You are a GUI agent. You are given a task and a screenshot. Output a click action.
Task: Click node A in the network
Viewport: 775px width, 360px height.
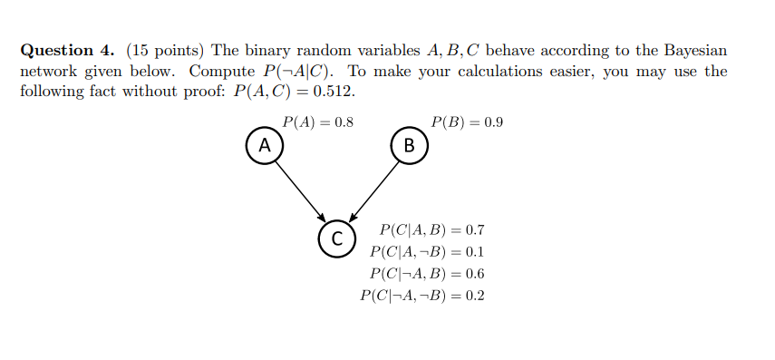[264, 144]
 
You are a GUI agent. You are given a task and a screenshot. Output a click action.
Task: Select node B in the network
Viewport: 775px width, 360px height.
[409, 145]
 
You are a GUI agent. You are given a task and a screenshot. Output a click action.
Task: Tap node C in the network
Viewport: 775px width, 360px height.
[336, 238]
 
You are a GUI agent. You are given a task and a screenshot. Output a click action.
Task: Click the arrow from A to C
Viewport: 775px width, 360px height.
[300, 190]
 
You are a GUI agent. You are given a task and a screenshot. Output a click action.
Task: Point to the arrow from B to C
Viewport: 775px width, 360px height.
[373, 190]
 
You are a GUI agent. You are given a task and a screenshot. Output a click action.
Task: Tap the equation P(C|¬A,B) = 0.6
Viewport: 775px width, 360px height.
[427, 273]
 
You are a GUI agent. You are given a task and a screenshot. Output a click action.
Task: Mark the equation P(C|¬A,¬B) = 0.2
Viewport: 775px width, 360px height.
[421, 295]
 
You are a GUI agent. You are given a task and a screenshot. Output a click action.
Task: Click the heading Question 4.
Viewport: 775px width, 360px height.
[68, 50]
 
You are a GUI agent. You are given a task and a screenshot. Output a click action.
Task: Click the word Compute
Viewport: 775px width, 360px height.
[221, 71]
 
